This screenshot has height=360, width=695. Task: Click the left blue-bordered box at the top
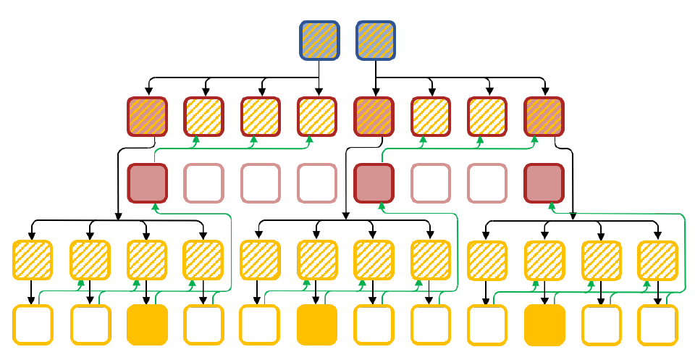coord(319,41)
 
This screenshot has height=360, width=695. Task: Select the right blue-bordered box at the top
coord(376,41)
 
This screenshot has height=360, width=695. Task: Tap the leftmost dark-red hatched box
coord(148,116)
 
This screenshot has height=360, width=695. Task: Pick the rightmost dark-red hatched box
coord(544,116)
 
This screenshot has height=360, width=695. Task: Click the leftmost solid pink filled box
coord(148,183)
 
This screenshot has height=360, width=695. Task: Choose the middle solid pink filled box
coord(374,183)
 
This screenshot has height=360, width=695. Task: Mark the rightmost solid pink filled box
coord(544,183)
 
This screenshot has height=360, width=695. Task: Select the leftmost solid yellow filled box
coord(147,325)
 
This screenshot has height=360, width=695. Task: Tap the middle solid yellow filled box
coord(316,325)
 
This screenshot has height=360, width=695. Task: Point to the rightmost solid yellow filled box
coord(544,325)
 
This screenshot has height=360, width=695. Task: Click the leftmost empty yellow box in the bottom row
coord(33,325)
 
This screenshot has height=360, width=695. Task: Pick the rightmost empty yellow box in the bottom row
coord(657,325)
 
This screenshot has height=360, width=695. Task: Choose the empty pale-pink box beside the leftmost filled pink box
coord(204,183)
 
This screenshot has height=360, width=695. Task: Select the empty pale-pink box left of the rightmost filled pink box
coord(487,183)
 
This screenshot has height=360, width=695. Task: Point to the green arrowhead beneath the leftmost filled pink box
coord(154,206)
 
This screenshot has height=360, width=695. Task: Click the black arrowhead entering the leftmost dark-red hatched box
coord(148,92)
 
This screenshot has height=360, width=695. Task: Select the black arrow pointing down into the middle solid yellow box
coord(316,299)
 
